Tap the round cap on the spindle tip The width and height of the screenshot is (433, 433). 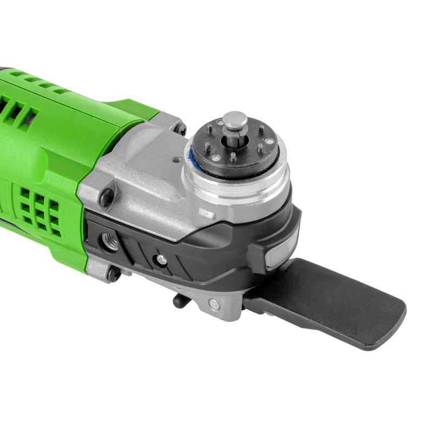[x=235, y=121]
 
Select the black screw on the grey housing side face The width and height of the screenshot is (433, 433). [x=108, y=196]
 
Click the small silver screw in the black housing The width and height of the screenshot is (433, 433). [x=161, y=260]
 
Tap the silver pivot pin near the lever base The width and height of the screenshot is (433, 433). [x=214, y=304]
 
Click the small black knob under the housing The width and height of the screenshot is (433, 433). [x=179, y=300]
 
